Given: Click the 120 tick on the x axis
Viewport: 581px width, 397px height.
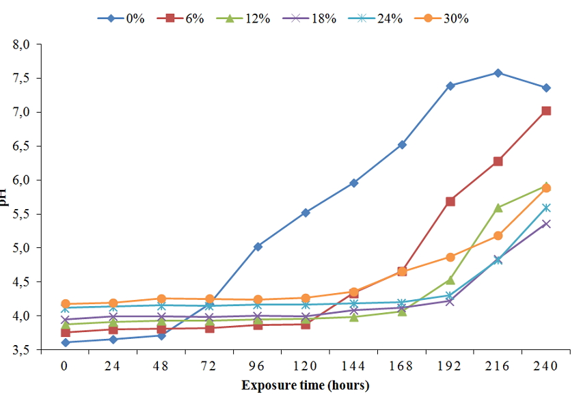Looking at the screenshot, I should (306, 366).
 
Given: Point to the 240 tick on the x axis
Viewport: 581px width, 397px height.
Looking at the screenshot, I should (546, 366).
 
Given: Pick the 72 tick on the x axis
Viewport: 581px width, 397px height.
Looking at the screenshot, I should (209, 366).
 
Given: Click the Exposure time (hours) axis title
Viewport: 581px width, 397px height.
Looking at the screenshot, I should (305, 385).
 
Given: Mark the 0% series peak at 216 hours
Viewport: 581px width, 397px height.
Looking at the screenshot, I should (498, 72).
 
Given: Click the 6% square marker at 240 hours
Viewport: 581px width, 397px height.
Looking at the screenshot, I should (546, 111).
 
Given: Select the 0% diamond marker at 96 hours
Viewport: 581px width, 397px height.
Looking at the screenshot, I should (258, 247).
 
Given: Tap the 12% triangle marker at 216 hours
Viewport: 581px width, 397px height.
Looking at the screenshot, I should (498, 207).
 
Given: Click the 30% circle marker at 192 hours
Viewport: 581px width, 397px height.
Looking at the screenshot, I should (450, 257).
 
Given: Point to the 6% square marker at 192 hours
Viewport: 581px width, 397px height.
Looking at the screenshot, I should (450, 202).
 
